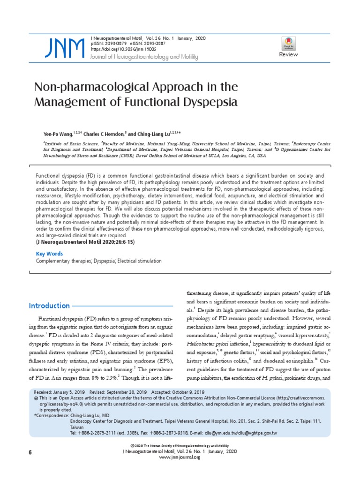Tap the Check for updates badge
point(288,43)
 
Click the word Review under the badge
point(288,55)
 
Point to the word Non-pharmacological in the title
point(82,88)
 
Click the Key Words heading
point(49,253)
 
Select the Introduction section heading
point(49,306)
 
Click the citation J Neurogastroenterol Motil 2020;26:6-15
point(85,242)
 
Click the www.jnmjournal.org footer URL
point(180,457)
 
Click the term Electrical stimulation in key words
point(140,261)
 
